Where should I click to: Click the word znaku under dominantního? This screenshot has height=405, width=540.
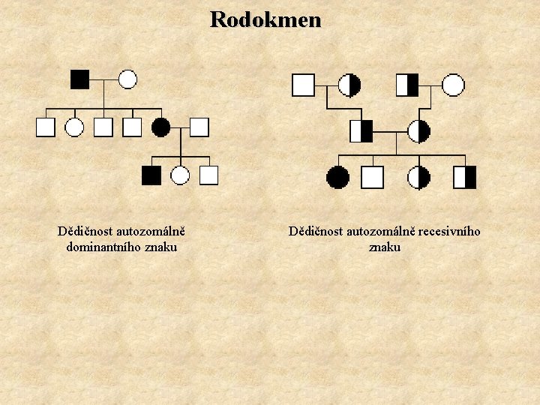(160, 246)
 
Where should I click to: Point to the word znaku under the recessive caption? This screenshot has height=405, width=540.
(385, 246)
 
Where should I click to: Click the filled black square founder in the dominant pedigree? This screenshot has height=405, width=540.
(79, 79)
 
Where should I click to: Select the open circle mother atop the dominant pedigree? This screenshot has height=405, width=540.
(127, 79)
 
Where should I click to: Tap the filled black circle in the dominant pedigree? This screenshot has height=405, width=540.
(160, 127)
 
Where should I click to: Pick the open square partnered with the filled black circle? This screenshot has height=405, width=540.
(199, 127)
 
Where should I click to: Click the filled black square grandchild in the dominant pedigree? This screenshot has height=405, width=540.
(151, 175)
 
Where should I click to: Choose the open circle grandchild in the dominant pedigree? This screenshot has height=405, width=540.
(180, 175)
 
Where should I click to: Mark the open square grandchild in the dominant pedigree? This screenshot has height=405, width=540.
(208, 175)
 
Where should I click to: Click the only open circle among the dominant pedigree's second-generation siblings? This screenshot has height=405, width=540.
(74, 127)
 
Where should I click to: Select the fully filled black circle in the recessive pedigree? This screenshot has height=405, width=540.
(337, 177)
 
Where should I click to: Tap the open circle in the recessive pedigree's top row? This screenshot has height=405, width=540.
(453, 85)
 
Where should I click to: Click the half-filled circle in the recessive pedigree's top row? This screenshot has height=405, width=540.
(349, 85)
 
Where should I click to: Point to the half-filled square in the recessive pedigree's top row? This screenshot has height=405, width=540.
(407, 85)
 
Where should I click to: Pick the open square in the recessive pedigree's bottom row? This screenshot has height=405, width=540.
(373, 177)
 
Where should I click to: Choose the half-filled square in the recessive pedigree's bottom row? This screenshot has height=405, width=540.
(465, 177)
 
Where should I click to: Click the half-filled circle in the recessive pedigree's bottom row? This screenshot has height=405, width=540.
(419, 177)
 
